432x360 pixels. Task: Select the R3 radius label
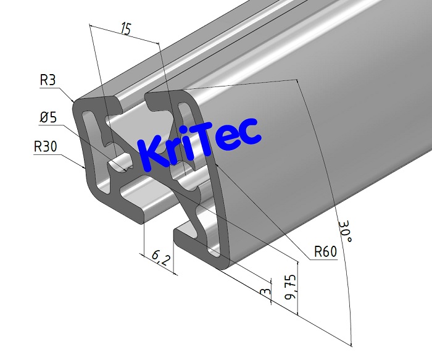click(x=48, y=80)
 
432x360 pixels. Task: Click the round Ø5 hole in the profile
click(x=120, y=165)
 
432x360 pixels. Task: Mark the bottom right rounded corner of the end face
click(x=225, y=264)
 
